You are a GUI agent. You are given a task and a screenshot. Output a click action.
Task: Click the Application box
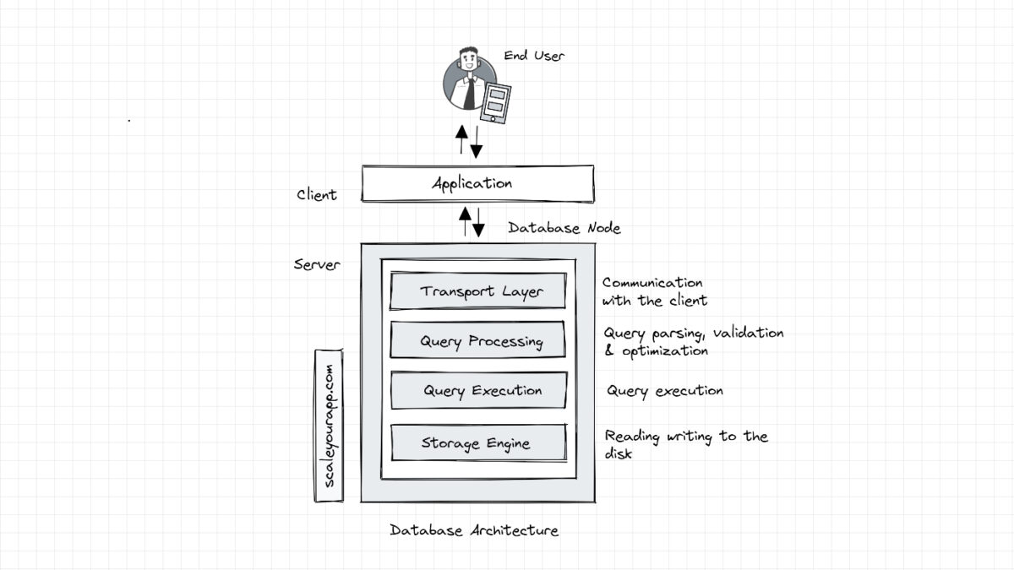pyautogui.click(x=477, y=183)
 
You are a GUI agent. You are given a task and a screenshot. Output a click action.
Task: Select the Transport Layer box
pyautogui.click(x=478, y=291)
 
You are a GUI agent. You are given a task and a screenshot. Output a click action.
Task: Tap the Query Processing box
pyautogui.click(x=478, y=341)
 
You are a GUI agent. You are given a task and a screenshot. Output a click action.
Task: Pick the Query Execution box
pyautogui.click(x=478, y=391)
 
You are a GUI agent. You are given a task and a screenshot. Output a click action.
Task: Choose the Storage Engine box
pyautogui.click(x=478, y=442)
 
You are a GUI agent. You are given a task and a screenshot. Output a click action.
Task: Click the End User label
pyautogui.click(x=534, y=56)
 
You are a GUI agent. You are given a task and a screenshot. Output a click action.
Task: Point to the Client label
pyautogui.click(x=317, y=195)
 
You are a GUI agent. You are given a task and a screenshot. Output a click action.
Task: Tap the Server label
pyautogui.click(x=317, y=264)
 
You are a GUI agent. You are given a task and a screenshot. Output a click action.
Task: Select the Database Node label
pyautogui.click(x=564, y=228)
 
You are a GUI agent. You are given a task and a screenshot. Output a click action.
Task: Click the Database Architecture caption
pyautogui.click(x=474, y=530)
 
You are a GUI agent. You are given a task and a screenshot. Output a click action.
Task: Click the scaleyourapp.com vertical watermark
pyautogui.click(x=329, y=425)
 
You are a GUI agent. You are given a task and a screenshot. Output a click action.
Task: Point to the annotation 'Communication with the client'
pyautogui.click(x=653, y=292)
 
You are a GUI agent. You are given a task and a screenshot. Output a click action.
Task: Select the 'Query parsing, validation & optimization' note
pyautogui.click(x=693, y=342)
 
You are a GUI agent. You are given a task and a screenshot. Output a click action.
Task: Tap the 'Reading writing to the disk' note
pyautogui.click(x=685, y=444)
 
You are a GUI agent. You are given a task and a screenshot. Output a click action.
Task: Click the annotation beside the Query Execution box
pyautogui.click(x=665, y=391)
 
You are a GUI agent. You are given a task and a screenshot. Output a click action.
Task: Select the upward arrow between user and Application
pyautogui.click(x=461, y=139)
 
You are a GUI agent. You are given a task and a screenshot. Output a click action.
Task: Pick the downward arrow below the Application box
pyautogui.click(x=479, y=221)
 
